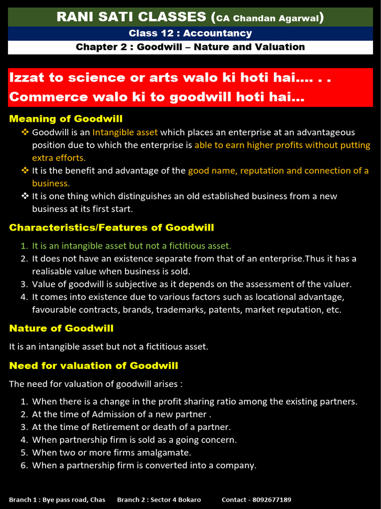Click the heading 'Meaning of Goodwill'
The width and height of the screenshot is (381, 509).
pos(65,119)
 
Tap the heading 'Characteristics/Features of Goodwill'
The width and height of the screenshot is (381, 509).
pos(112,228)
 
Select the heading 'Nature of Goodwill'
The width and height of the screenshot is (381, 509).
pos(61,329)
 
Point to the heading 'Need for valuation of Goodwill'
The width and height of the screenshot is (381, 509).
pos(94,366)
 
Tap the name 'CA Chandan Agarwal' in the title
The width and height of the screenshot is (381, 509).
pos(268,18)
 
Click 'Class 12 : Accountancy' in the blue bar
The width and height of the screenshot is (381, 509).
pos(190,33)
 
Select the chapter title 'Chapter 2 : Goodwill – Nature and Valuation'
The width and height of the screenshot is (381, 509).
pos(190,47)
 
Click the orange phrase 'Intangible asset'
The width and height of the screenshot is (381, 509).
pos(125,133)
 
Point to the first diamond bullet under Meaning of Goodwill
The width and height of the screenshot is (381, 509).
pos(25,132)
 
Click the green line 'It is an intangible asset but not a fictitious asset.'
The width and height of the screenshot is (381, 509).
pos(131,246)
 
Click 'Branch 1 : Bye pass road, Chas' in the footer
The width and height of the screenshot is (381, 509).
pos(57,500)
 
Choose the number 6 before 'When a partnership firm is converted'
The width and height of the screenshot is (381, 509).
pos(23,466)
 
